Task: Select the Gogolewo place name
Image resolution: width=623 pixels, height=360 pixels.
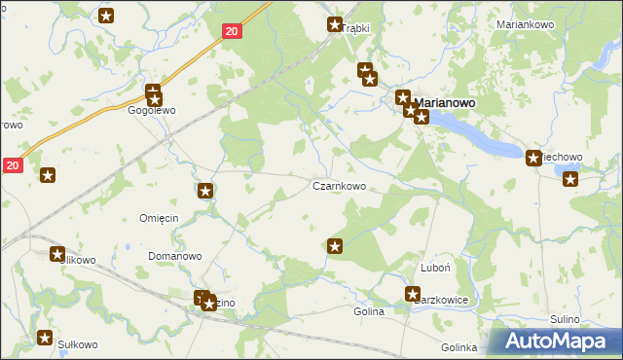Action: [x=151, y=111]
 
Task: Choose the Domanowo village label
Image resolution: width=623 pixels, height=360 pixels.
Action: [x=174, y=256]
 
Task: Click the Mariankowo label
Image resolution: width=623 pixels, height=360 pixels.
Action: [x=525, y=24]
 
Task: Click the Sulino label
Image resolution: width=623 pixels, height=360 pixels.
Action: [x=564, y=319]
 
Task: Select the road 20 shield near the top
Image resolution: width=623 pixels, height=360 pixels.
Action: [x=231, y=32]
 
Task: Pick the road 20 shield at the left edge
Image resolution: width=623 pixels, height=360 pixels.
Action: [x=12, y=166]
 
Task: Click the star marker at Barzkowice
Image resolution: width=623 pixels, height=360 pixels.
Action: [x=413, y=294]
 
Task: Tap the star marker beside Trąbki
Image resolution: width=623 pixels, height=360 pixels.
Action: [x=335, y=25]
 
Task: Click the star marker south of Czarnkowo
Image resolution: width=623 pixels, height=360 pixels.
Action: [x=336, y=246]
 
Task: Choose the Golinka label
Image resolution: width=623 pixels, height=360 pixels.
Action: [x=458, y=347]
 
